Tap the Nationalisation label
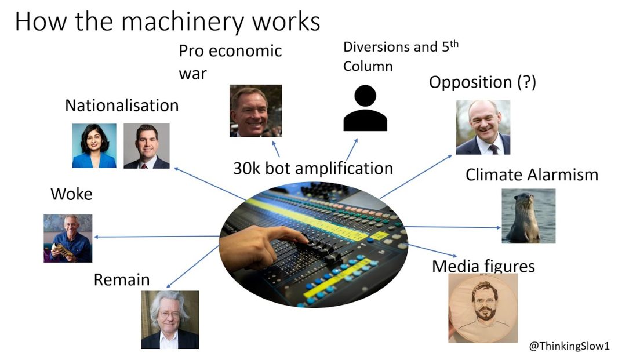point(122,106)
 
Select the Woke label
point(71,194)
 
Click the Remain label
point(122,280)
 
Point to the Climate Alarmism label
point(532,174)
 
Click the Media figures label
point(483,266)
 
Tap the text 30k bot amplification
point(313,168)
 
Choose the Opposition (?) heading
point(482,82)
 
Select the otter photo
point(528,216)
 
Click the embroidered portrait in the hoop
point(483,308)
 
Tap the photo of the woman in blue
point(94,146)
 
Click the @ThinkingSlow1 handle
point(569,346)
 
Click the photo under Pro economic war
point(256,111)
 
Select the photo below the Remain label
point(170,319)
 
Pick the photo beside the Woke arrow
point(68,238)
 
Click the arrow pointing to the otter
point(452,227)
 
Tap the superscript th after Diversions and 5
point(453,43)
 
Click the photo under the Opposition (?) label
point(483,127)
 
